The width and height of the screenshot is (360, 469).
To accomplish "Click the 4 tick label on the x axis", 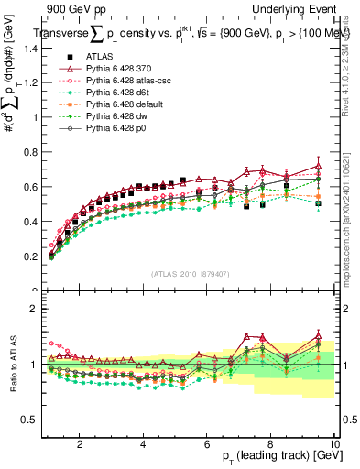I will pyautogui.click(x=143, y=443).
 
